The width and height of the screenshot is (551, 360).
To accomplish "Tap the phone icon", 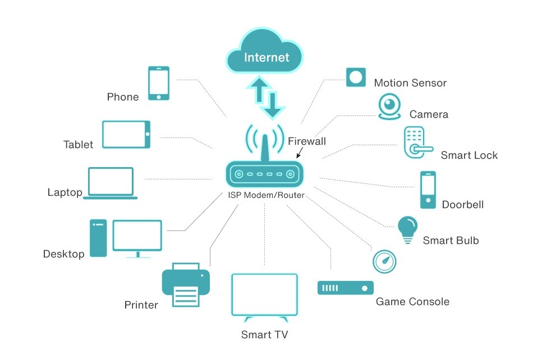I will pyautogui.click(x=158, y=83).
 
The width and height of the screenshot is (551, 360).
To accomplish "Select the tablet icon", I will pyautogui.click(x=126, y=135).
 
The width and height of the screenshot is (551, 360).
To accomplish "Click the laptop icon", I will pyautogui.click(x=112, y=182).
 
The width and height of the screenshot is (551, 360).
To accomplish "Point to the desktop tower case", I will pyautogui.click(x=98, y=238).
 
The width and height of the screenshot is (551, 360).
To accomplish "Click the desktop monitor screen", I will pyautogui.click(x=137, y=236).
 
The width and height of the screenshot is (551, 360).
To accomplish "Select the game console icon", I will pyautogui.click(x=345, y=288).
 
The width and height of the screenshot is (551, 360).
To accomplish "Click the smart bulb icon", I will pyautogui.click(x=408, y=229).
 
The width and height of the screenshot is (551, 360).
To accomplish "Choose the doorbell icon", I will pyautogui.click(x=428, y=190).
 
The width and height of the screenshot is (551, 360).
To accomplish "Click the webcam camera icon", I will pyautogui.click(x=389, y=106).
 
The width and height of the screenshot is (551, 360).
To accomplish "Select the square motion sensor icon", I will pyautogui.click(x=356, y=76).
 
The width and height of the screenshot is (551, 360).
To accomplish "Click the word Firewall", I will pyautogui.click(x=307, y=141).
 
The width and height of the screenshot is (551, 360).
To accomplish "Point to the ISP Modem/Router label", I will pyautogui.click(x=266, y=195).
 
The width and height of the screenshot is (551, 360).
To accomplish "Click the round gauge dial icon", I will pyautogui.click(x=384, y=261).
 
